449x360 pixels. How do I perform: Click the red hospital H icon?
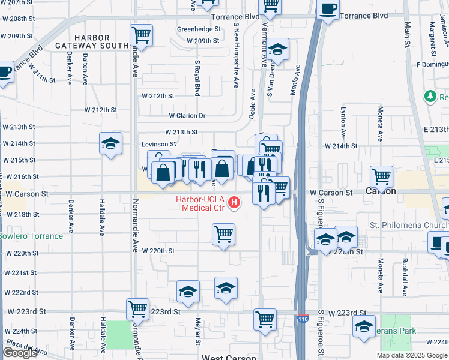[x=235, y=204]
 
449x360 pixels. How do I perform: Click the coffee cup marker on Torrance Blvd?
[x=328, y=10]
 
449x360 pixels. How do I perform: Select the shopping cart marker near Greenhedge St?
[x=141, y=35]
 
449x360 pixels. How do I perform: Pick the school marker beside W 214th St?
[x=110, y=144]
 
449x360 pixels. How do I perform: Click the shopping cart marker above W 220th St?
[x=223, y=234]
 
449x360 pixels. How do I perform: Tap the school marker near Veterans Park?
[x=364, y=328]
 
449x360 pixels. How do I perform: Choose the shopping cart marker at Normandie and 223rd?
[x=137, y=310]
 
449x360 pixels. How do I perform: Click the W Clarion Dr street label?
[x=187, y=116]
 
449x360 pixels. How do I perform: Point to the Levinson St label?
[x=158, y=145]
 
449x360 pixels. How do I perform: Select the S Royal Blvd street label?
[x=197, y=77]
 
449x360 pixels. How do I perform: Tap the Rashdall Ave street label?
[x=405, y=277]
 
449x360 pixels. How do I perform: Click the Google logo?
[x=20, y=353]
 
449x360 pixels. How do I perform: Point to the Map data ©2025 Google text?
[x=412, y=355]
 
